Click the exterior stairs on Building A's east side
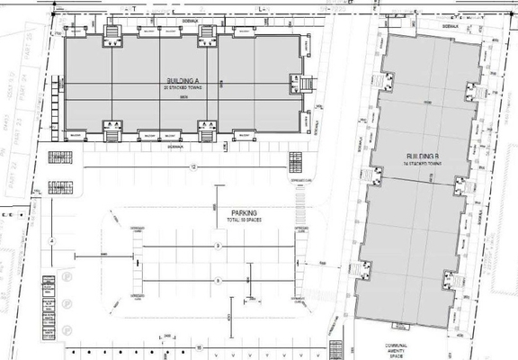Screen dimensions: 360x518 [306, 85]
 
